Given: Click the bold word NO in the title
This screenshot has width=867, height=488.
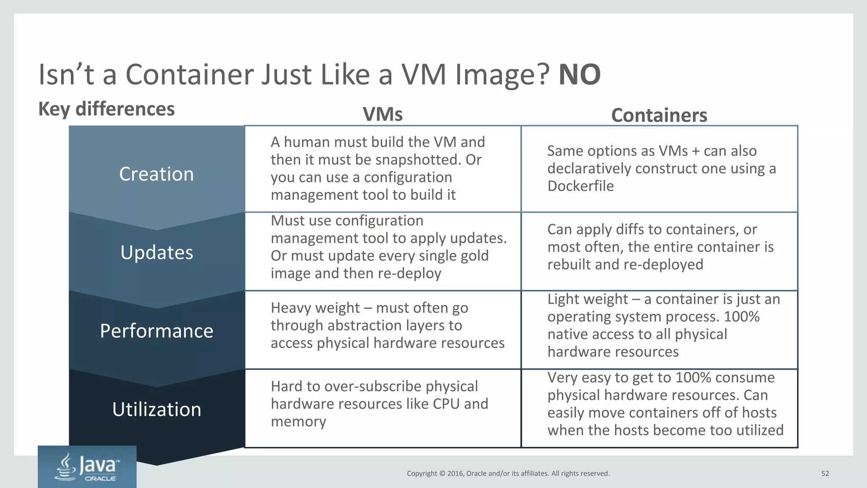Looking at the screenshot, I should (579, 75).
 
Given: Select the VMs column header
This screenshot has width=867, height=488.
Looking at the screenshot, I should (383, 114).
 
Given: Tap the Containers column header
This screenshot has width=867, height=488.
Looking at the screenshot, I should (659, 115).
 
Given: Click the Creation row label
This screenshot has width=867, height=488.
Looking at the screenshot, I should (157, 174).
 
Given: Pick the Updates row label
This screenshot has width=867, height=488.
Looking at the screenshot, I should (157, 252).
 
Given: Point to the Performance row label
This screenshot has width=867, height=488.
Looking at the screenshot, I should (157, 331).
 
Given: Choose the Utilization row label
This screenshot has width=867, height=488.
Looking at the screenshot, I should (157, 410).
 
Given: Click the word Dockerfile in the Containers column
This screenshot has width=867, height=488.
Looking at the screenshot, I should (580, 186).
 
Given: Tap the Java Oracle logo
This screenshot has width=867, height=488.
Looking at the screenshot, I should (87, 467).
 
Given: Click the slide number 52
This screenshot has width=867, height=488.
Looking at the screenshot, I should (825, 474).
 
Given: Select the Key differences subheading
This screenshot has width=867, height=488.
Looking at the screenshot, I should (106, 109).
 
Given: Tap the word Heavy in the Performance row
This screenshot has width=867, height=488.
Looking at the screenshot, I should (292, 308).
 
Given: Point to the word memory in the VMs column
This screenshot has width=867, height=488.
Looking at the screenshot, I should (298, 421).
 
